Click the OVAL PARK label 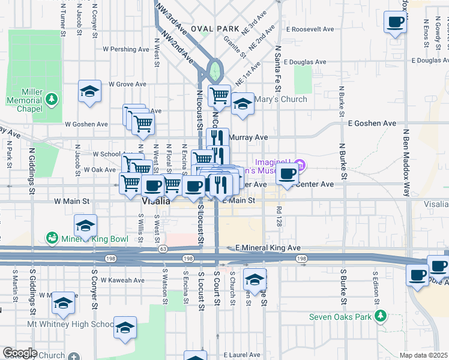click(x=214, y=29)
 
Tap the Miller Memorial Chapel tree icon click(x=53, y=97)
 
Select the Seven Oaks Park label click(x=342, y=317)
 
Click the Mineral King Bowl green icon click(x=53, y=238)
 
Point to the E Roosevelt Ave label click(x=310, y=29)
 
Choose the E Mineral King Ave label click(x=268, y=247)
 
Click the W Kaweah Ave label click(x=122, y=280)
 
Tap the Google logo click(x=20, y=353)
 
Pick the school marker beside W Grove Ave click(x=89, y=92)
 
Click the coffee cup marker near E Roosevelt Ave click(x=395, y=23)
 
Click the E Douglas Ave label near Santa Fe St click(x=305, y=62)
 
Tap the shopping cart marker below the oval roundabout click(x=219, y=95)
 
